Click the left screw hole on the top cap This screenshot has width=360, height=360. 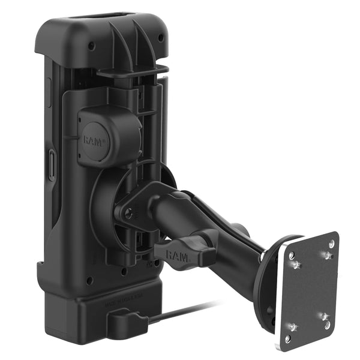point(91,46)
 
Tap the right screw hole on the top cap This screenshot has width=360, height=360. point(161,38)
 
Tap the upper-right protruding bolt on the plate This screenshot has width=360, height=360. point(328,256)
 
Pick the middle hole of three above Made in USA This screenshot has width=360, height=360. point(123,271)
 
